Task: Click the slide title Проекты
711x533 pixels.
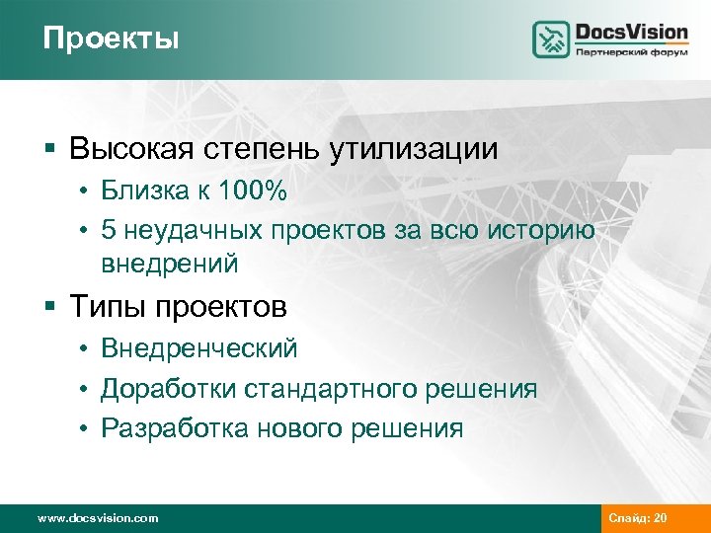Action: pyautogui.click(x=112, y=38)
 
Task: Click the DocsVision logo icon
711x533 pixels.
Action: pyautogui.click(x=551, y=38)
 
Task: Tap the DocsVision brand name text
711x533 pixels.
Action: pyautogui.click(x=631, y=32)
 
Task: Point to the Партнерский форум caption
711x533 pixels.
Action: pyautogui.click(x=631, y=52)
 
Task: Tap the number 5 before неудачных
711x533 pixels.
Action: pyautogui.click(x=108, y=229)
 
